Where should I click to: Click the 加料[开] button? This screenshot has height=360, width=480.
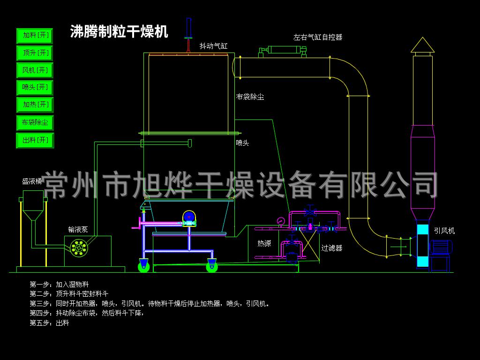(35, 36)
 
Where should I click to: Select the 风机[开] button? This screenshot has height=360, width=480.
(35, 70)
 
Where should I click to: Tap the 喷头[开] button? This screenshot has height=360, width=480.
(35, 88)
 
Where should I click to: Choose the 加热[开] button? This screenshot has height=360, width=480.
(35, 105)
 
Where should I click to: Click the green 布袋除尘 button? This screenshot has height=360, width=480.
(35, 123)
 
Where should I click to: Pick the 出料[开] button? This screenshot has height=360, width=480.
(35, 140)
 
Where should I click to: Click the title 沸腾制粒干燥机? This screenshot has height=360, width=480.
(119, 32)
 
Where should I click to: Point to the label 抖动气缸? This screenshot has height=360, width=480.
(213, 46)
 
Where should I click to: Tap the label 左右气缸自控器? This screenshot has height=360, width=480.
(318, 37)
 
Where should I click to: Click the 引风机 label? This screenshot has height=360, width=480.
(444, 231)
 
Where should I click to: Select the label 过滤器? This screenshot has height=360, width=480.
(332, 248)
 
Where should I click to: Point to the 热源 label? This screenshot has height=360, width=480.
(264, 244)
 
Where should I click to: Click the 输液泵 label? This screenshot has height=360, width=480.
(78, 229)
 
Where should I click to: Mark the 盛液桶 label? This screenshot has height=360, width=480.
(32, 181)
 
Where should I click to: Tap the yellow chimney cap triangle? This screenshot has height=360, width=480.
(422, 45)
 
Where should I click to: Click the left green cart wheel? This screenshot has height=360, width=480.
(144, 267)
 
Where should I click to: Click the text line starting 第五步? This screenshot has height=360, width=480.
(49, 322)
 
